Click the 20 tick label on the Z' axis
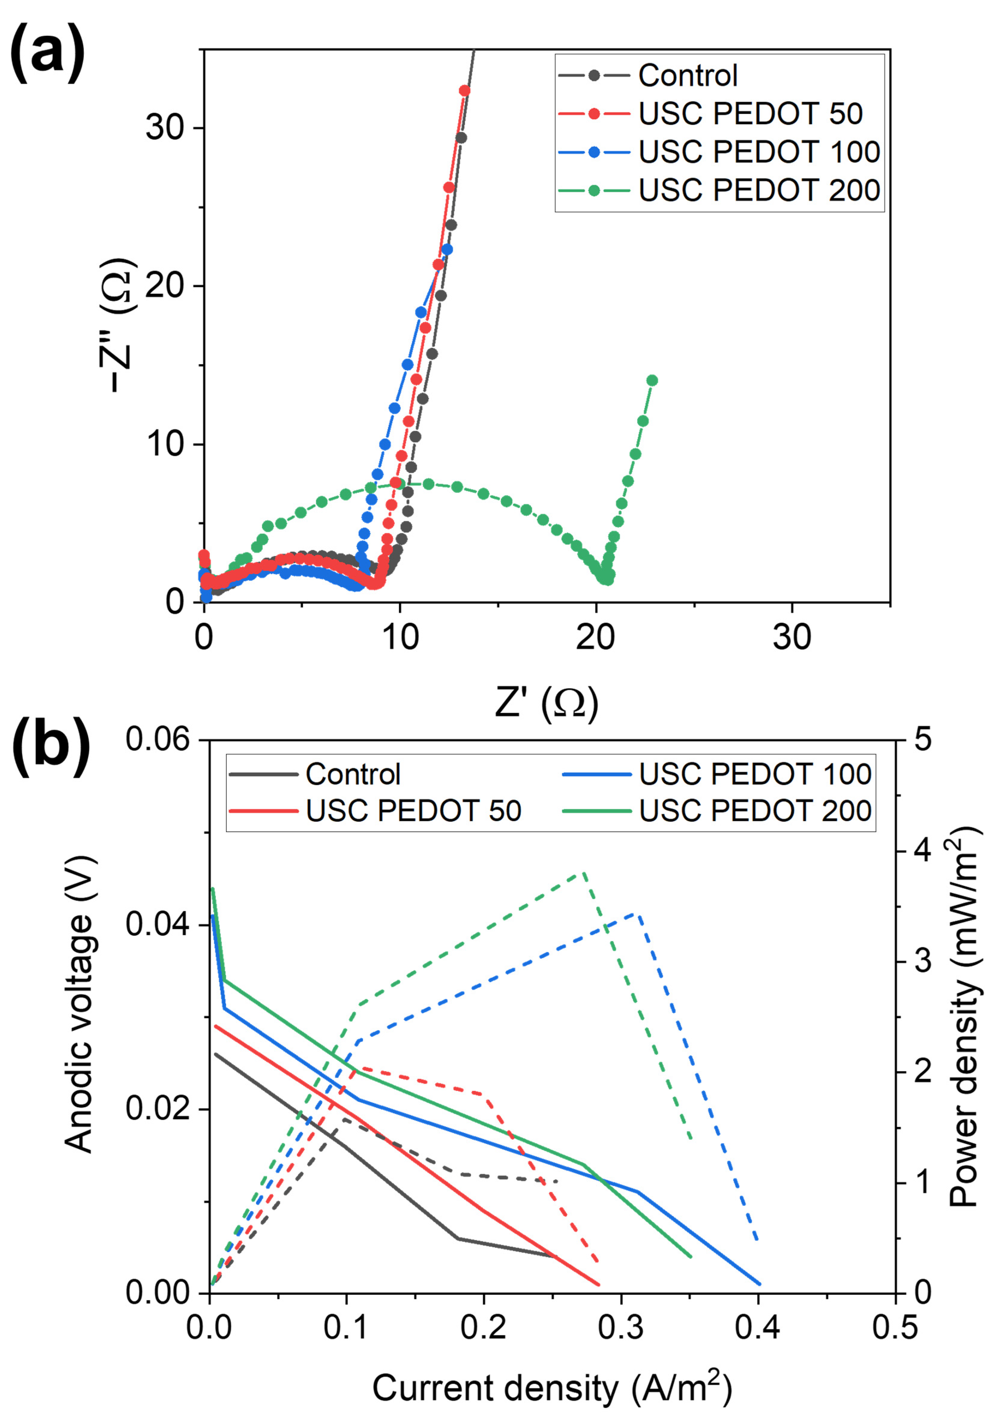coord(595,637)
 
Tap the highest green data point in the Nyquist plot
coord(652,380)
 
